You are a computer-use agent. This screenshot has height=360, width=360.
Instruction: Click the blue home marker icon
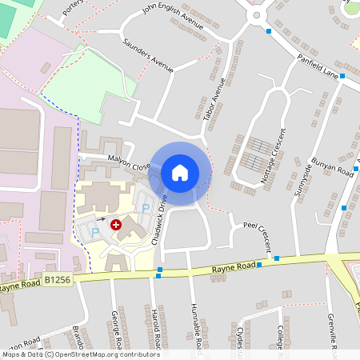point(180,172)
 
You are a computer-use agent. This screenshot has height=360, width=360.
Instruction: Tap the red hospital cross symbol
point(114,226)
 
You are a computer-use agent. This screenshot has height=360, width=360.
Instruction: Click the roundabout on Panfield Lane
point(257,14)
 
